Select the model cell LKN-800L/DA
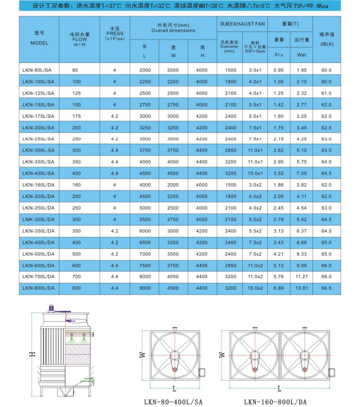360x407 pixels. point(39,288)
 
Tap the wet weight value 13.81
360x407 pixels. point(302,288)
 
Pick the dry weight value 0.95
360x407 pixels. point(279,70)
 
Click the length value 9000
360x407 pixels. point(145,288)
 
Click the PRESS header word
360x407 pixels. point(114,33)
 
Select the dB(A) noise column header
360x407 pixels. point(327,44)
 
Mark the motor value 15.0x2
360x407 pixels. point(255,288)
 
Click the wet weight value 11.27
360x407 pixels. point(302,276)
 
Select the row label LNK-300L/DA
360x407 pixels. point(39,219)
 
